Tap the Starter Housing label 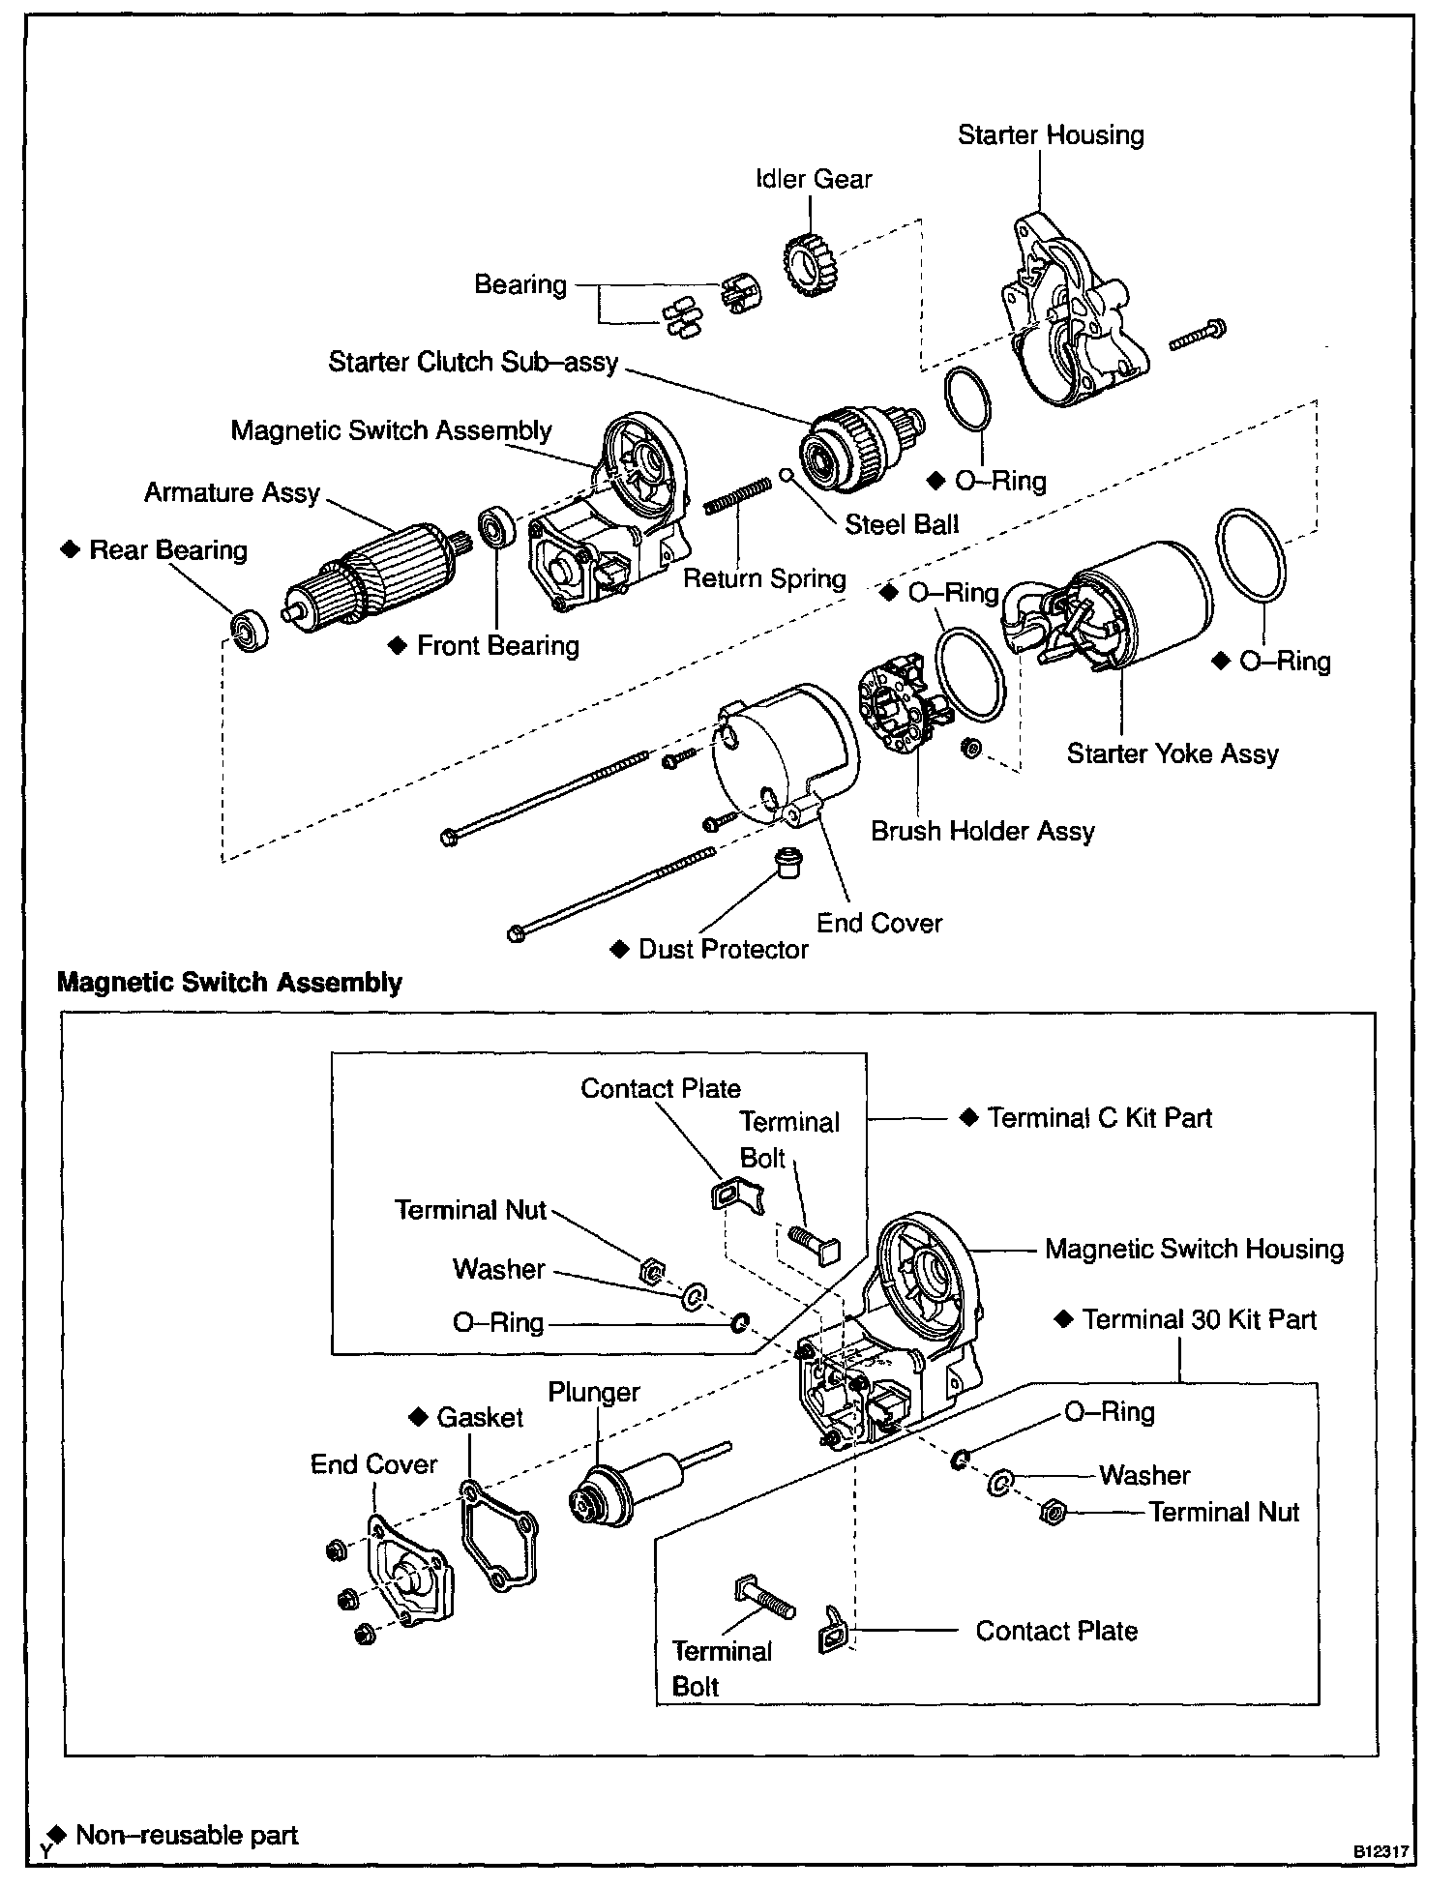[x=1051, y=135]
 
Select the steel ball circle [x=788, y=476]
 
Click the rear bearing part [x=250, y=630]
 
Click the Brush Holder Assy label [x=982, y=832]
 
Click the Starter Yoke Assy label [x=1173, y=754]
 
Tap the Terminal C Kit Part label [x=1099, y=1118]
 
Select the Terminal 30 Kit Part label [x=1199, y=1320]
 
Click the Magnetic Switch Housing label [x=1194, y=1250]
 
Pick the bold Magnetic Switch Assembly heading [x=229, y=983]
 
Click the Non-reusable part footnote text [x=186, y=1835]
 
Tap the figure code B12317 [x=1380, y=1850]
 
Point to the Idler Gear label [x=814, y=180]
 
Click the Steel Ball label [x=902, y=525]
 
